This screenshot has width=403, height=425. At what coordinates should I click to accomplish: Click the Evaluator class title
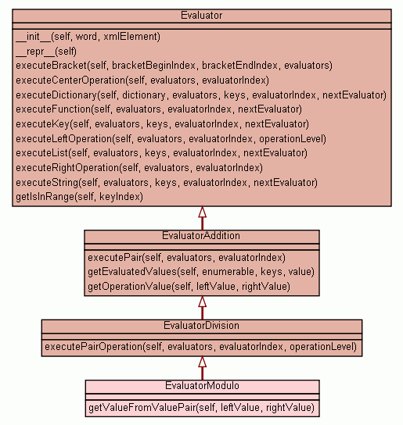[202, 16]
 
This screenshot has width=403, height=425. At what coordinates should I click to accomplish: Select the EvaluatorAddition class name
[201, 236]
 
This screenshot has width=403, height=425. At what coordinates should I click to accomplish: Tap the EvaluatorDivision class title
[202, 326]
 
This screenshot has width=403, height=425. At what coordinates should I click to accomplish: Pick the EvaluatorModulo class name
[202, 386]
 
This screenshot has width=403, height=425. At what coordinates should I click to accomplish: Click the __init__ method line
[88, 37]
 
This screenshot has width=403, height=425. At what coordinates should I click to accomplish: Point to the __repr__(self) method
[46, 52]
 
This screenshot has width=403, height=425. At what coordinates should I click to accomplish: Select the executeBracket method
[174, 66]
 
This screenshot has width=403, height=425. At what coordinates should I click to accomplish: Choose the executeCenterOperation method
[142, 80]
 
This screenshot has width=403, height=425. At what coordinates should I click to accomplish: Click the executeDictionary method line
[201, 95]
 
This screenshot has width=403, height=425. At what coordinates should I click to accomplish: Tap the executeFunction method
[159, 109]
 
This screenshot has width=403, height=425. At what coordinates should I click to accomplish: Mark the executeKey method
[163, 124]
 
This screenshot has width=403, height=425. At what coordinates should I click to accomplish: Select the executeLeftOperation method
[171, 139]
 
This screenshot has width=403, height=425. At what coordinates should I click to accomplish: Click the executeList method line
[161, 153]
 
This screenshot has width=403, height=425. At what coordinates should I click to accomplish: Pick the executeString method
[167, 183]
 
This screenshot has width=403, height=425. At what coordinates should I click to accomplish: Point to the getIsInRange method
[79, 197]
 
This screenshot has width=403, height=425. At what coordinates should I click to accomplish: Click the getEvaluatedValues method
[201, 272]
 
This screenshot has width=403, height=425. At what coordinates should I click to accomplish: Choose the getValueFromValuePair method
[202, 408]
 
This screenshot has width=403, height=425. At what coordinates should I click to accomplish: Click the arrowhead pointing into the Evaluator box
[202, 212]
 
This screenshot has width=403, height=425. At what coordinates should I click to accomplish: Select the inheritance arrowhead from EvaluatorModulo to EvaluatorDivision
[202, 362]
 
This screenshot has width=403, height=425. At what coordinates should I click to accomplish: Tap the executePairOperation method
[201, 347]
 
